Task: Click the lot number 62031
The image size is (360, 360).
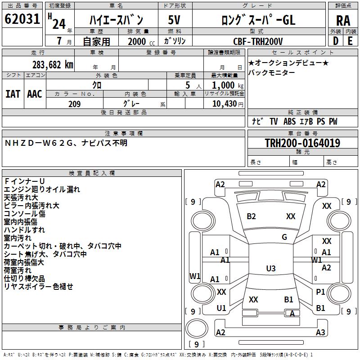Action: (22, 19)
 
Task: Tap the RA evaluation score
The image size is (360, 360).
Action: (343, 20)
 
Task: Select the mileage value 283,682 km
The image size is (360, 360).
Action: (53, 64)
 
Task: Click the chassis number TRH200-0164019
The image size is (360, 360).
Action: (302, 143)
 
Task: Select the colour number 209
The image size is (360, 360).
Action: (74, 104)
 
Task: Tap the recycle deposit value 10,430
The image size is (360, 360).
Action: (224, 104)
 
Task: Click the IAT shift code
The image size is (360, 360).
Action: (13, 94)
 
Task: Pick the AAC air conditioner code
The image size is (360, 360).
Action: (35, 94)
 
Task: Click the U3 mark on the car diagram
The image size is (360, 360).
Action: (271, 269)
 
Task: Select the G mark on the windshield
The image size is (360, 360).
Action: (284, 237)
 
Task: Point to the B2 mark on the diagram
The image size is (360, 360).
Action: (251, 216)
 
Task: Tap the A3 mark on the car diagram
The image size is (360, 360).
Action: (320, 333)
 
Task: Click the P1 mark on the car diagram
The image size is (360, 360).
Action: (320, 292)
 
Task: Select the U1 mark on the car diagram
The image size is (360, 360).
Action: (221, 308)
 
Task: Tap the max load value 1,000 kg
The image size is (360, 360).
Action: (224, 85)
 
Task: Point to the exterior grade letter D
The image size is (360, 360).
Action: (335, 40)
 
